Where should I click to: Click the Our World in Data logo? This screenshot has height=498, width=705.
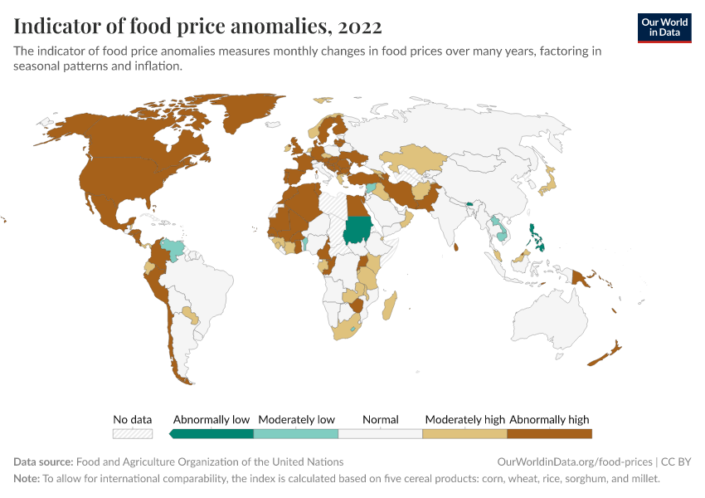pyautogui.click(x=664, y=27)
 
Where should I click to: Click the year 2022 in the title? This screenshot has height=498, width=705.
pyautogui.click(x=360, y=27)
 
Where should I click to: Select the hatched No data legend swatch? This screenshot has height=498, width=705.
pyautogui.click(x=133, y=433)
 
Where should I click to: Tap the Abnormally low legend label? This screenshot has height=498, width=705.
pyautogui.click(x=211, y=419)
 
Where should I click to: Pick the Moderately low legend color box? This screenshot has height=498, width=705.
pyautogui.click(x=296, y=433)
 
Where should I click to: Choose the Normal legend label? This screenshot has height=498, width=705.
pyautogui.click(x=381, y=419)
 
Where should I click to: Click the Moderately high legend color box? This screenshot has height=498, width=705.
pyautogui.click(x=464, y=433)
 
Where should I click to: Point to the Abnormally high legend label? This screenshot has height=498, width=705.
pyautogui.click(x=549, y=419)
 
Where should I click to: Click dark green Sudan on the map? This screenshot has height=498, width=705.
pyautogui.click(x=359, y=228)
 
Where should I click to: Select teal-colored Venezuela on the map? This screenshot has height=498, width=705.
pyautogui.click(x=173, y=247)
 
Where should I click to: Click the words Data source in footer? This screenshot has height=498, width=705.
pyautogui.click(x=43, y=461)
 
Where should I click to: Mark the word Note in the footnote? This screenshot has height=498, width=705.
pyautogui.click(x=27, y=478)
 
